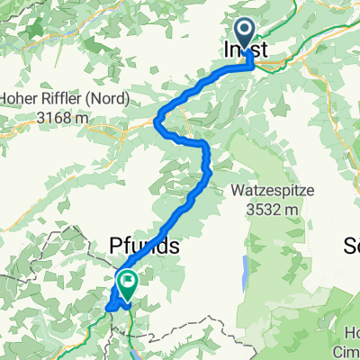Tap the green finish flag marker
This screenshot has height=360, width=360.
128,284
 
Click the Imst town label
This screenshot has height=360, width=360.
245,52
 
